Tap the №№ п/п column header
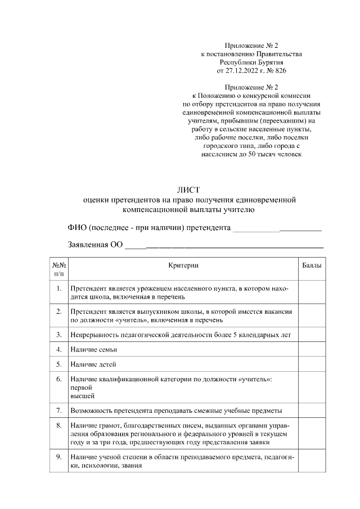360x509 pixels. pos(59,269)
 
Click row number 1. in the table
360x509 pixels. pos(59,289)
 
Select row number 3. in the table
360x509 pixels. pos(59,335)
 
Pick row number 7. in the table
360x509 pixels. pos(59,411)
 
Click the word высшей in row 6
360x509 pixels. pos(80,396)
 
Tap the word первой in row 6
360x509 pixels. pos(80,388)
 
